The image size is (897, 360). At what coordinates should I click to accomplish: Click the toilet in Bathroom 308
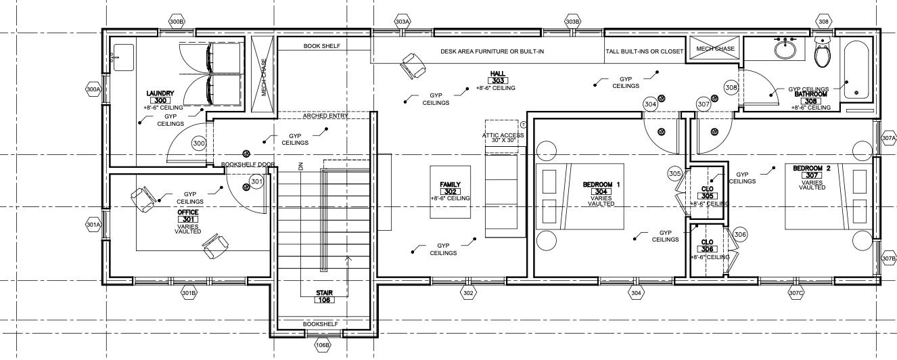click(823, 54)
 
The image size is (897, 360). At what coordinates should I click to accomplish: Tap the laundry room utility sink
click(122, 57)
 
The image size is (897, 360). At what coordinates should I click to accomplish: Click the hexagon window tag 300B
click(177, 22)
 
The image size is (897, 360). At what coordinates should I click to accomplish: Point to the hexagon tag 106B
click(323, 346)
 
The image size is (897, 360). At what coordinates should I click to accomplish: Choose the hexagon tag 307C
click(796, 293)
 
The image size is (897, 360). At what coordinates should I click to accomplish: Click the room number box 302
click(450, 192)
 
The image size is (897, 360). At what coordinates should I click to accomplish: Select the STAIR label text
click(324, 293)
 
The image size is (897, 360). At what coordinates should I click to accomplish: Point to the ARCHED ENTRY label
click(325, 116)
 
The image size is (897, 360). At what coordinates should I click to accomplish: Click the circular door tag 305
click(674, 173)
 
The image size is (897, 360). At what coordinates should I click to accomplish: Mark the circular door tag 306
click(740, 234)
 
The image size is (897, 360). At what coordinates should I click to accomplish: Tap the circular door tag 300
click(199, 143)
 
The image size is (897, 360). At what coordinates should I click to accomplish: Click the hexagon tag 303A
click(402, 22)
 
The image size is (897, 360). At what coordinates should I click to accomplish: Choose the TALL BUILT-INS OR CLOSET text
click(645, 51)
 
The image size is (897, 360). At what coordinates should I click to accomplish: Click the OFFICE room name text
click(188, 212)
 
